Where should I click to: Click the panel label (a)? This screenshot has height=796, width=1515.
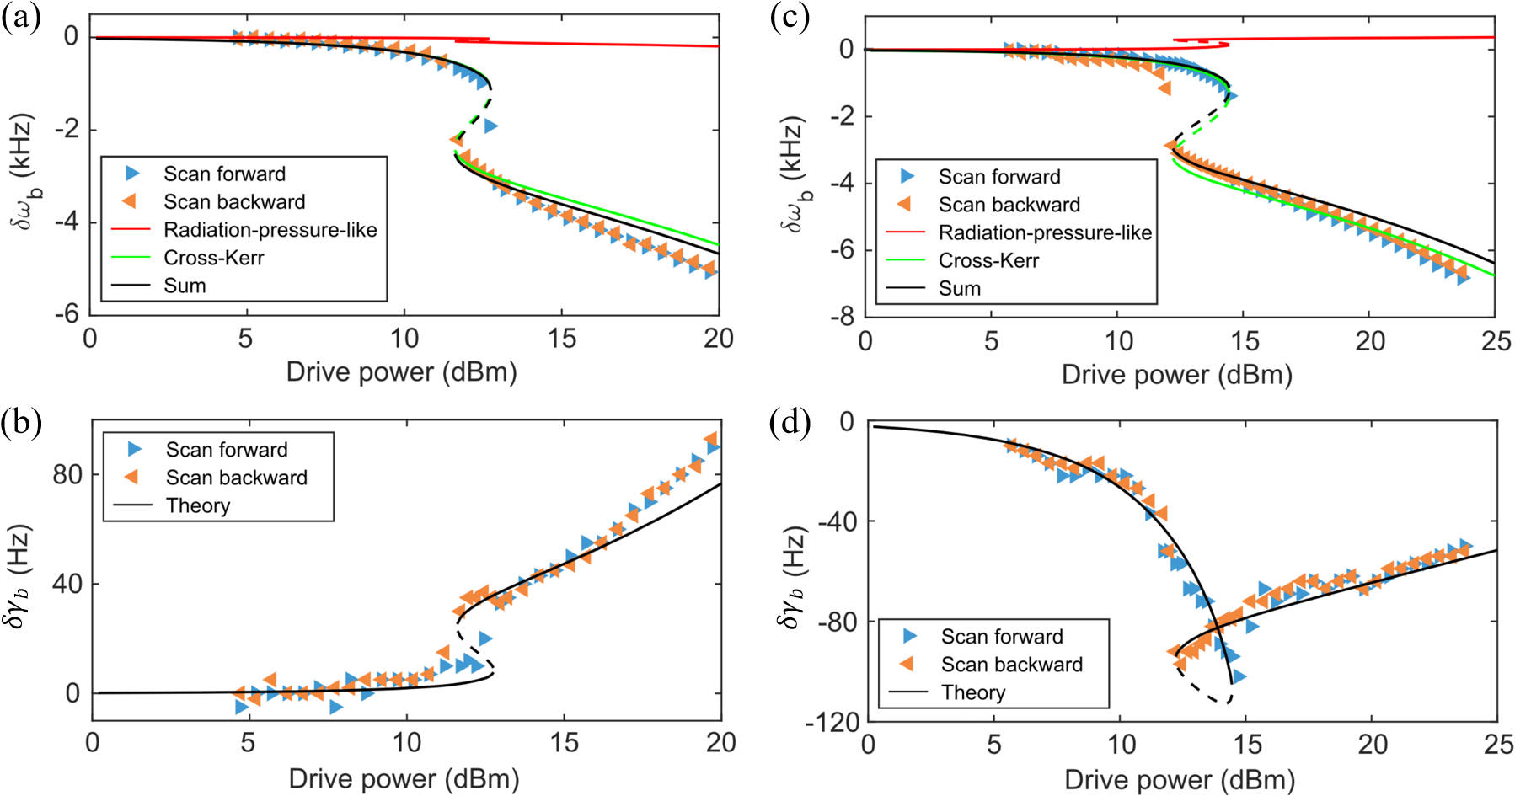[x=21, y=18]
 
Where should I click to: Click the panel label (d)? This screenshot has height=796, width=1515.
[x=790, y=421]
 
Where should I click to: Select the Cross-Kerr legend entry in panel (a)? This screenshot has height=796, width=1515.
[x=213, y=258]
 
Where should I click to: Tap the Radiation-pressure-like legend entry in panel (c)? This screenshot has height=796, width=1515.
[x=1045, y=232]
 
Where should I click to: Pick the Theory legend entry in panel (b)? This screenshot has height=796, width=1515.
[x=198, y=505]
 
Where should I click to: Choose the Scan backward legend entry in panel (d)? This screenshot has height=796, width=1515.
[x=1011, y=665]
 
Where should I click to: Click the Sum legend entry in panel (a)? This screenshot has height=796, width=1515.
[x=185, y=286]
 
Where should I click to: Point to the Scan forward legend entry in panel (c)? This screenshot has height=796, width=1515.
[x=999, y=177]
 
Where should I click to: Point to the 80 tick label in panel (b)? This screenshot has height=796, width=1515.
[x=67, y=474]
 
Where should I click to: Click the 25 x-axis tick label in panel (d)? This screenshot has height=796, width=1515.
[x=1496, y=745]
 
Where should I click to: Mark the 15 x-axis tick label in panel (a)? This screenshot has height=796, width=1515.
[x=562, y=339]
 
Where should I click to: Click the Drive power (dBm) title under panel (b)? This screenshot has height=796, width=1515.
[x=404, y=778]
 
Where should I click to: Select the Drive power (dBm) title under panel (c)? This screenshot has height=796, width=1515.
[x=1176, y=374]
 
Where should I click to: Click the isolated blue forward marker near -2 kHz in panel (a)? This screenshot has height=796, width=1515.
[x=490, y=126]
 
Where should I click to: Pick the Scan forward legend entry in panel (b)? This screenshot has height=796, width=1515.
[x=226, y=450]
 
